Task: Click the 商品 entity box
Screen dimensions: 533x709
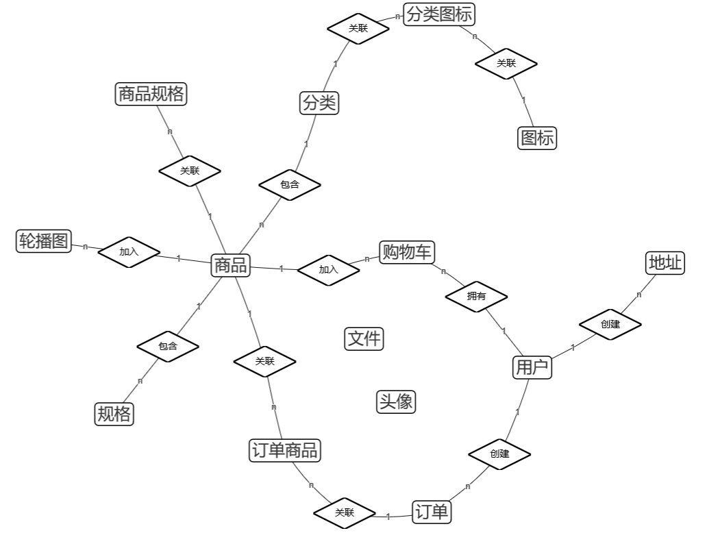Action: pos(231,265)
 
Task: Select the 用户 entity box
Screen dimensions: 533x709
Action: pos(532,368)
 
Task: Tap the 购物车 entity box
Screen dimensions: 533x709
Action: pos(407,252)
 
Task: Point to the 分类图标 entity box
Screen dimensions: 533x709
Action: pos(439,14)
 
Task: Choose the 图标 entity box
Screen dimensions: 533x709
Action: pos(537,138)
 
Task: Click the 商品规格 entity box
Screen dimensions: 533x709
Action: pos(151,94)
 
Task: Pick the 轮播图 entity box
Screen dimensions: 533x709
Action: pos(44,241)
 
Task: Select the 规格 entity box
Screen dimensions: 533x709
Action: pos(114,414)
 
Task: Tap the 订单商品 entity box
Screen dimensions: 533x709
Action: pos(285,450)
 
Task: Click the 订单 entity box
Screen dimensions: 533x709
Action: pos(432,512)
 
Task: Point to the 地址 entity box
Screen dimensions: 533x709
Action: pos(666,262)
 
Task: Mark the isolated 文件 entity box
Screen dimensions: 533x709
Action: pos(364,338)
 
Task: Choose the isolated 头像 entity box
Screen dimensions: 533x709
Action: pos(396,401)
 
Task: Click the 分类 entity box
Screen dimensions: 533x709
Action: pos(320,103)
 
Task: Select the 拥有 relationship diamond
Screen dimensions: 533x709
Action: pos(476,297)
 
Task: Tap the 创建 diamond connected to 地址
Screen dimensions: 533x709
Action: pos(610,324)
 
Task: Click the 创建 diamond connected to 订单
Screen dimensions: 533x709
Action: pos(499,454)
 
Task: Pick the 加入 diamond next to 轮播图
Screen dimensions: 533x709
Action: pos(129,252)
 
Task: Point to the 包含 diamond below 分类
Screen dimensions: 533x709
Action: pos(290,184)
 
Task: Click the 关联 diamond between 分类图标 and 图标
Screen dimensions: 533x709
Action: pos(506,64)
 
